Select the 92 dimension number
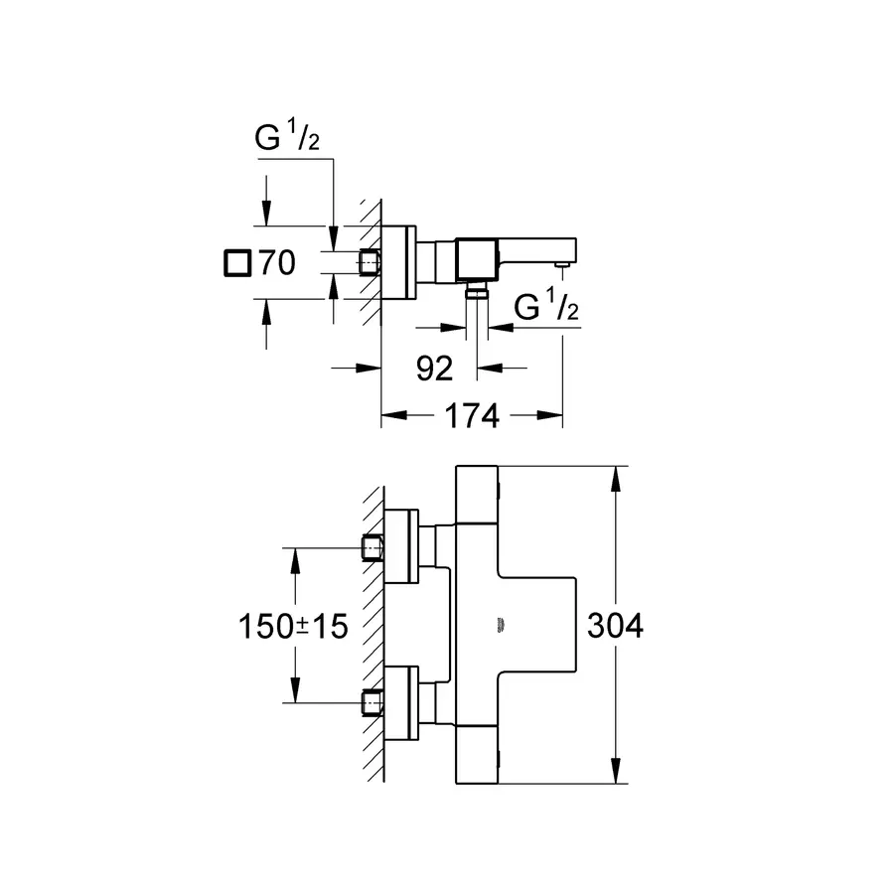point(434,369)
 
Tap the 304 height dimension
point(615,626)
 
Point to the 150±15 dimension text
point(293,626)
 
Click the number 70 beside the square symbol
point(278,263)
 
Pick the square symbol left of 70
point(237,263)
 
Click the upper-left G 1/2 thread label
point(287,137)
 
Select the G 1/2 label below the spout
point(546,306)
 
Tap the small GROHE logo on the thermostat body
point(501,625)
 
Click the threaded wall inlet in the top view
point(370,263)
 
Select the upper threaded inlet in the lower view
point(372,548)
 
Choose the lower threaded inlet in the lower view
point(372,702)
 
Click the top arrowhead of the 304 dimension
point(616,479)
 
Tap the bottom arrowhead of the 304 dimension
point(616,771)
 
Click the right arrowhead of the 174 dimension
point(550,415)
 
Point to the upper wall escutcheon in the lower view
point(401,546)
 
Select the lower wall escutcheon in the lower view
point(401,703)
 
